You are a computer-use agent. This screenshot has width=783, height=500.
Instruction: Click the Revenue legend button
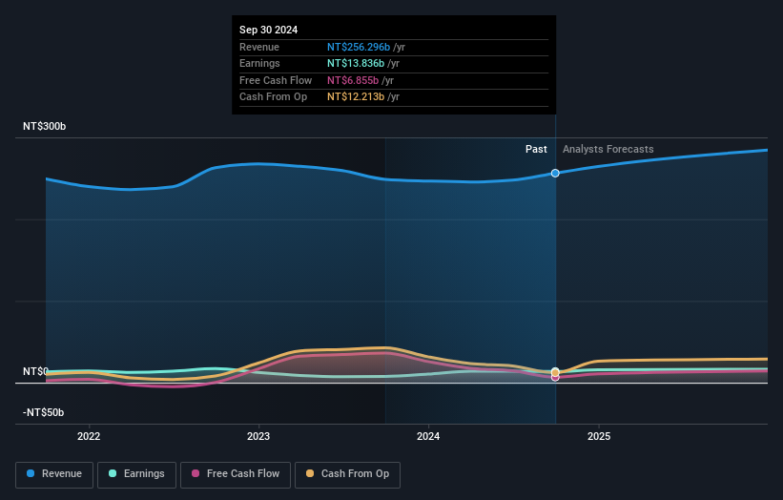click(54, 474)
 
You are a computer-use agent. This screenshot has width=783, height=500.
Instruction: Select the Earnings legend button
click(135, 474)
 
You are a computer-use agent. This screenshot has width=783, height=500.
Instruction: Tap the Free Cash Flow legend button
click(235, 474)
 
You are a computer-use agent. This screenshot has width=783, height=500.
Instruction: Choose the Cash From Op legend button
click(347, 474)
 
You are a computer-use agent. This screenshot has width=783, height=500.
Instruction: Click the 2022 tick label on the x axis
click(89, 437)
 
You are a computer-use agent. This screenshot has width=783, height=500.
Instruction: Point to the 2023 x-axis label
click(258, 437)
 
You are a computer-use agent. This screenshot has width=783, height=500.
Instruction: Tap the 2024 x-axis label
click(428, 437)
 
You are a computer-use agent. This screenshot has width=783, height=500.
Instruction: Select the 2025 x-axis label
click(598, 437)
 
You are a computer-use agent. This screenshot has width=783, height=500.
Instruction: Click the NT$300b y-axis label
click(45, 127)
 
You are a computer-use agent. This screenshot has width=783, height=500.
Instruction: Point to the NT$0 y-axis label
click(36, 371)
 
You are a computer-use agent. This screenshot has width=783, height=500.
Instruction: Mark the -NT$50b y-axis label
click(44, 412)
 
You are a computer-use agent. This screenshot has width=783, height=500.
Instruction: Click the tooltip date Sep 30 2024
click(268, 31)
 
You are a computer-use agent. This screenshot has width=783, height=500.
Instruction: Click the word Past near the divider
click(536, 149)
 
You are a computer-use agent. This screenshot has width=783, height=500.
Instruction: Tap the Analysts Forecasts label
click(608, 149)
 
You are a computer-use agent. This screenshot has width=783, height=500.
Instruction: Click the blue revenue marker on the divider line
click(555, 173)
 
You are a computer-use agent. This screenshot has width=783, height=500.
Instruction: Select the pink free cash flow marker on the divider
click(555, 377)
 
